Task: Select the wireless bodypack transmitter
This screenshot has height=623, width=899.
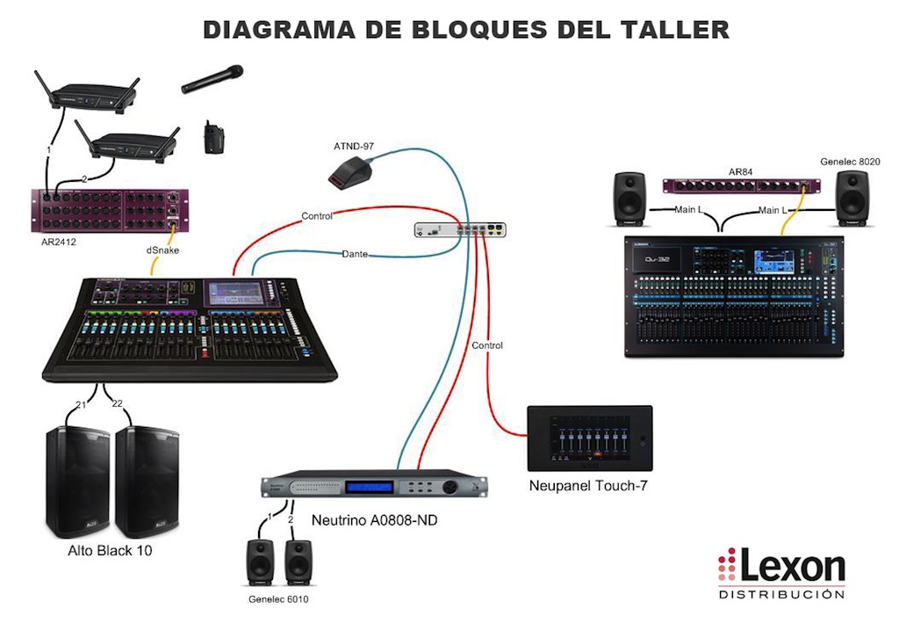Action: pos(211,138)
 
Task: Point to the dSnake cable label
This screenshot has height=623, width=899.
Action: pos(162,250)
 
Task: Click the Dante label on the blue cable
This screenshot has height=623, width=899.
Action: pos(355,254)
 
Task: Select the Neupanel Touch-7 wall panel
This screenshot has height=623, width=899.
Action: pos(589,438)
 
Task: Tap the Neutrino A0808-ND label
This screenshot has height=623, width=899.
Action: pos(375,520)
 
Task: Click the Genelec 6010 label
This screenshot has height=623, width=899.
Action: pos(279,599)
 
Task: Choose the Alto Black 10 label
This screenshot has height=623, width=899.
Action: pos(115,552)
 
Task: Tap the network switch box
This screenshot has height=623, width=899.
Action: pos(462,229)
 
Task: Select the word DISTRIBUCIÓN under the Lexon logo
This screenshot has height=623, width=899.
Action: pos(781,595)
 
